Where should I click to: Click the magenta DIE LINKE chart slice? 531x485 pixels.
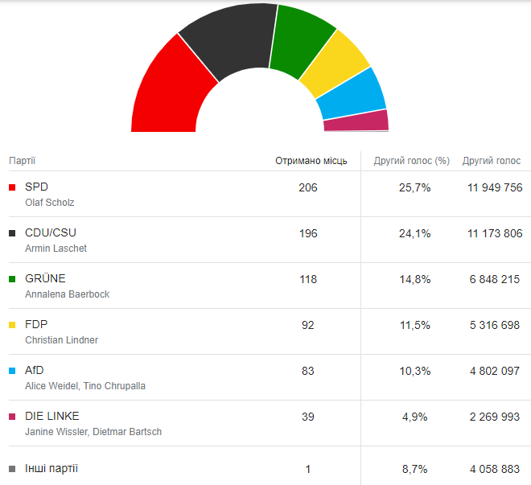point(356,121)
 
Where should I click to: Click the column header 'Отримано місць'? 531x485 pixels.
point(311,161)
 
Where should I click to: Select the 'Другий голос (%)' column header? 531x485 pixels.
point(411,161)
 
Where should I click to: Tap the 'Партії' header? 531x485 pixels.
point(22,161)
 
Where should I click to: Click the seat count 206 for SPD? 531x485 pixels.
point(307,187)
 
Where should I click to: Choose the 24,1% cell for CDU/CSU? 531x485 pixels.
point(416,233)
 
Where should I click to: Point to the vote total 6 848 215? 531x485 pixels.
point(495,279)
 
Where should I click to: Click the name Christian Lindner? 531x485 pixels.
point(62,340)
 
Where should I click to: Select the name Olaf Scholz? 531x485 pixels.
point(50,203)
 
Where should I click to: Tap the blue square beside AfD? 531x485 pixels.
point(12,371)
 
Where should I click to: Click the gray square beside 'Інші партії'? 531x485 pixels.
point(12,469)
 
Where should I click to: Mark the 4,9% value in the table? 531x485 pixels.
point(416,417)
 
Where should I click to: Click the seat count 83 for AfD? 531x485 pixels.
point(307,371)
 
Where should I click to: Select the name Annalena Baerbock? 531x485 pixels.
point(68,294)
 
